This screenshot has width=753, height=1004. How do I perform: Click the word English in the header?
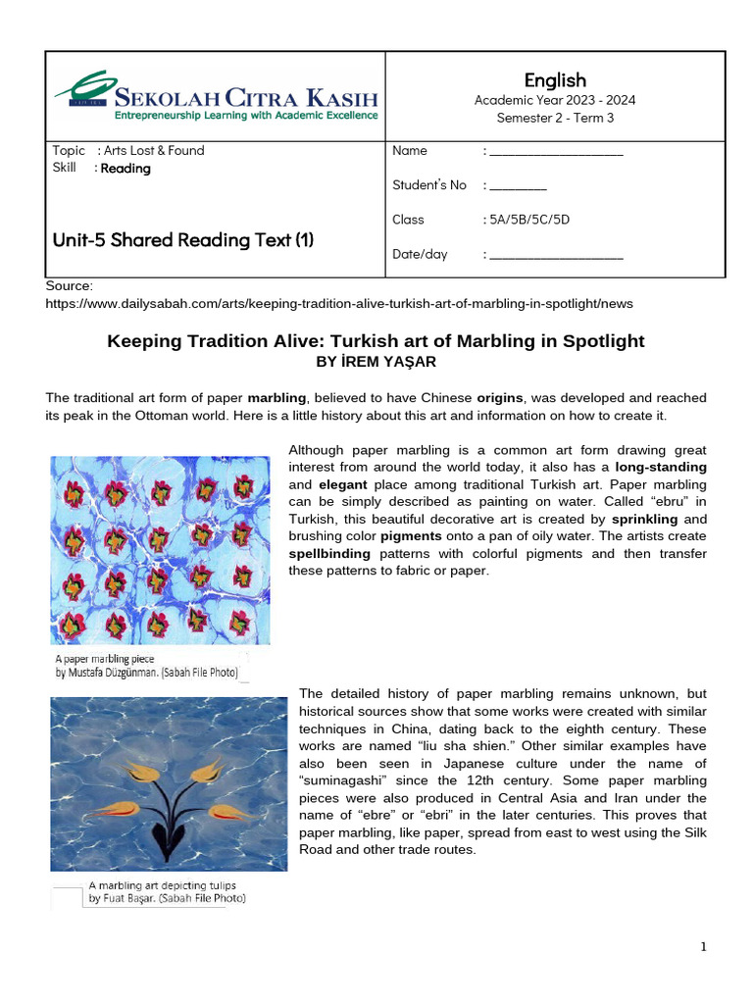(x=555, y=80)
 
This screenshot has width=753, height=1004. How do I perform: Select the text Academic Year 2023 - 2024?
(x=555, y=100)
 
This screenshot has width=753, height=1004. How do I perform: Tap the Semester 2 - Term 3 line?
(x=555, y=118)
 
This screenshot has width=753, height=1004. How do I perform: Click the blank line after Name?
(x=556, y=153)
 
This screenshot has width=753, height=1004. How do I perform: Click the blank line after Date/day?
(x=556, y=256)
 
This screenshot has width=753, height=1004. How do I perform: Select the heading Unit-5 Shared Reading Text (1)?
(x=183, y=239)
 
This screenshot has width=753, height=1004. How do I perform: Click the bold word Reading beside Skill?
(x=125, y=169)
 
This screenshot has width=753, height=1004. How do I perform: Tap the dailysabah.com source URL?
(x=339, y=304)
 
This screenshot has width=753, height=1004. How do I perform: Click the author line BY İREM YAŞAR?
(x=376, y=362)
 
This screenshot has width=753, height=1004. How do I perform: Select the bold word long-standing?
(x=661, y=468)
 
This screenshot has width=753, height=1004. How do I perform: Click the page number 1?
(x=703, y=946)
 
